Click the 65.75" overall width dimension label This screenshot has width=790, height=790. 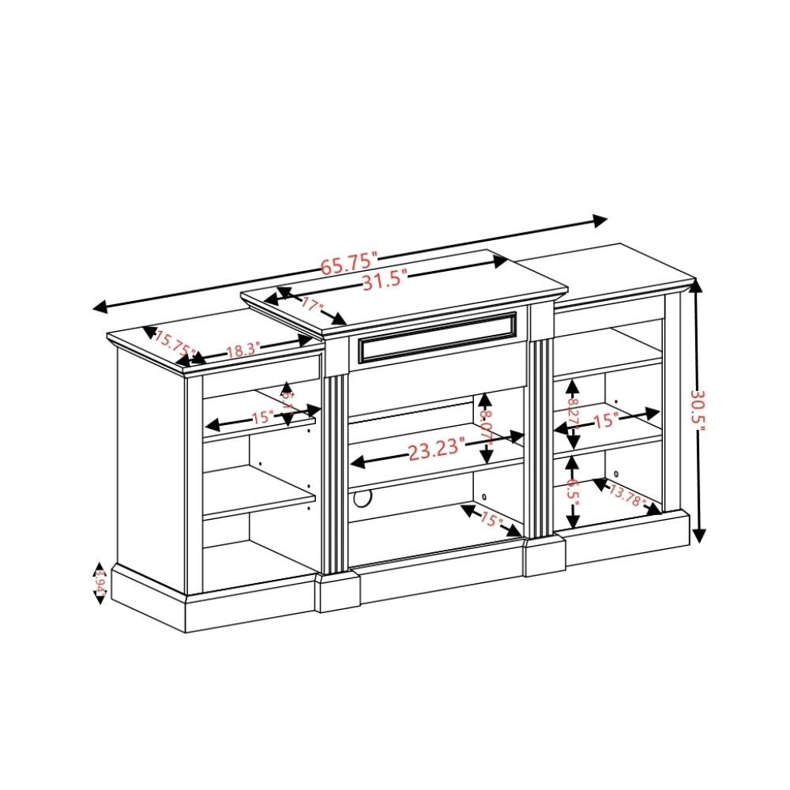point(348,263)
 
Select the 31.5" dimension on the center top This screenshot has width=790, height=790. point(384,280)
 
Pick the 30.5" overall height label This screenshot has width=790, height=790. point(699,410)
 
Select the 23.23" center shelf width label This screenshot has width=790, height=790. point(434,450)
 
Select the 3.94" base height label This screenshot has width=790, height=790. point(100,584)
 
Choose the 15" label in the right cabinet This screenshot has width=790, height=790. point(606,420)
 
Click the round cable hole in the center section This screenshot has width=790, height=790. point(363,499)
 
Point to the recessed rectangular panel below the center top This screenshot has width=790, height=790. point(436,338)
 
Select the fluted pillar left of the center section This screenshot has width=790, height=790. point(334,474)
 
